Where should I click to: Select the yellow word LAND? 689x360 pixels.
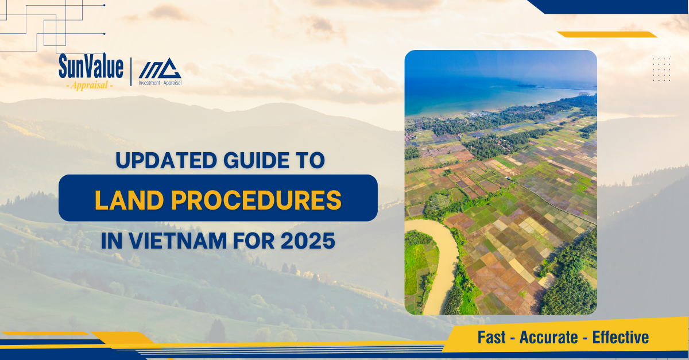(x=129, y=200)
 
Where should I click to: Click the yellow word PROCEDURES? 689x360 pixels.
(x=256, y=200)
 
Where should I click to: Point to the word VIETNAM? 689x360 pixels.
(x=178, y=241)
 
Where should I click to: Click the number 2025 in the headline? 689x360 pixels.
(x=308, y=241)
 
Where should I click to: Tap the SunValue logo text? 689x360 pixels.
(x=91, y=66)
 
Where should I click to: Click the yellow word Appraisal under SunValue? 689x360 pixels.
(x=90, y=85)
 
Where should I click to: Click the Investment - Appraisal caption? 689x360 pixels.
(x=160, y=83)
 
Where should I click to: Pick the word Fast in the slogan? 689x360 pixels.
(x=491, y=338)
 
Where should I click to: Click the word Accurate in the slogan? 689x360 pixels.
(x=548, y=338)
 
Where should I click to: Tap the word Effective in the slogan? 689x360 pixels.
(x=621, y=338)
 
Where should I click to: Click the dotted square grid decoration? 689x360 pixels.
(x=661, y=69)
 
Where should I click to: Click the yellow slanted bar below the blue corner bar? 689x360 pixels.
(x=607, y=34)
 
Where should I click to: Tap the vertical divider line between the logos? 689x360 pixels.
(x=131, y=72)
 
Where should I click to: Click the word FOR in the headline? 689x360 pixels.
(x=254, y=241)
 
